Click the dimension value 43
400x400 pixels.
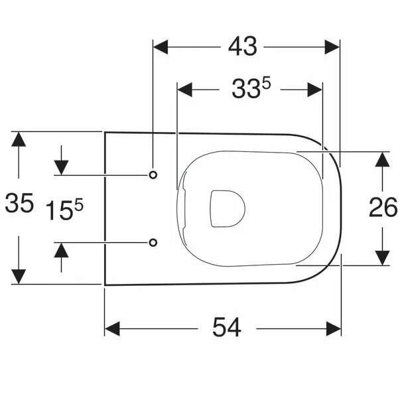pos(243,47)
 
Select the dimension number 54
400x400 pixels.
pos(227,327)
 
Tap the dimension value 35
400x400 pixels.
pos(19,204)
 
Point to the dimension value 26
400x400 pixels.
pos(383,208)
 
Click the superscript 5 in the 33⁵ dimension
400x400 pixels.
pos(268,84)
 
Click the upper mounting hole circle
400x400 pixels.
pos(153,174)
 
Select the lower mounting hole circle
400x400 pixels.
pos(153,242)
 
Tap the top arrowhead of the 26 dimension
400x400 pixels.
pos(383,160)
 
